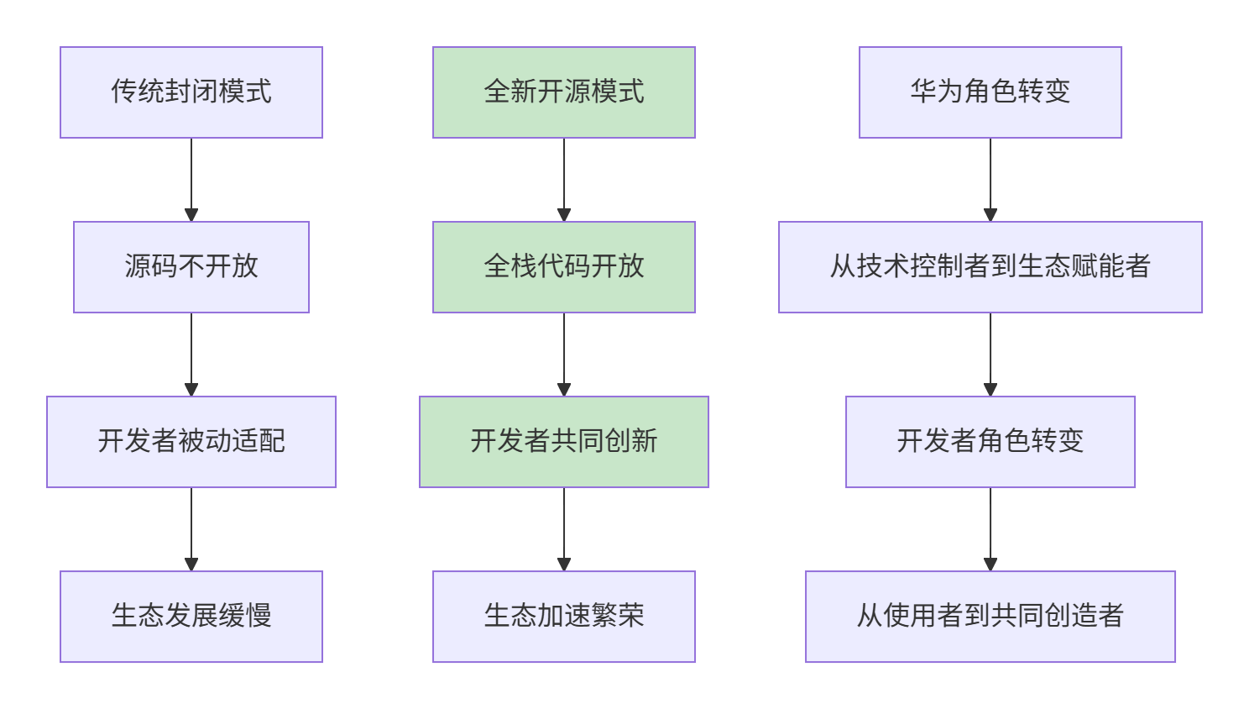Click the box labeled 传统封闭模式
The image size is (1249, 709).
point(191,92)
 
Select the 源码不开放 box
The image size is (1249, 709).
point(191,267)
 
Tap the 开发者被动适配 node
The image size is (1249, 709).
point(191,442)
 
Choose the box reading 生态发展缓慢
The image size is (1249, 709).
point(191,617)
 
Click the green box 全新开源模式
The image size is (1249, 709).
point(564,92)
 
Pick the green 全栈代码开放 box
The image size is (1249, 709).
point(564,267)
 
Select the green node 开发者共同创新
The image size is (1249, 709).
point(564,442)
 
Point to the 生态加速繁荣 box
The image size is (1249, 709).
point(564,617)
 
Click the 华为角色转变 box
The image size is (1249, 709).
point(990,92)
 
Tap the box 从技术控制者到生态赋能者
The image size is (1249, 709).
point(990,267)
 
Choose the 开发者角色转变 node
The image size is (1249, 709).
point(990,442)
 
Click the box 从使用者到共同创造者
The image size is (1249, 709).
point(990,617)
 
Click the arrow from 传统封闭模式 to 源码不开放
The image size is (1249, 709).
point(191,180)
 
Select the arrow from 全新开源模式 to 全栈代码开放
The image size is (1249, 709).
point(564,180)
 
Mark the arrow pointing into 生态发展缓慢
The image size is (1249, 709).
point(191,529)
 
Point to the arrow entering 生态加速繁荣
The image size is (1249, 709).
point(564,529)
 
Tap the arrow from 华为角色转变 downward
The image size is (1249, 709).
point(990,180)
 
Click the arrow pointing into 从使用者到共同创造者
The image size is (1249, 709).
point(990,529)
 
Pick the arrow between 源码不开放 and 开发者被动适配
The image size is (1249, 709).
point(191,354)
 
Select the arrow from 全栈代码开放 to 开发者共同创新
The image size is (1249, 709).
point(564,354)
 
